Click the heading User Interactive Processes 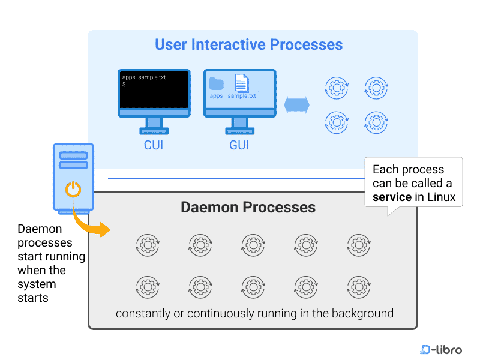coord(248,45)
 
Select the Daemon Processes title coord(248,208)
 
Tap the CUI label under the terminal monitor coord(154,145)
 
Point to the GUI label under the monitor coord(239,145)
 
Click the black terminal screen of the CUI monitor coord(154,91)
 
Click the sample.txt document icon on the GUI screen coord(241,83)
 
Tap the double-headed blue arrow coord(296,104)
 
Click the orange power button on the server coord(73,190)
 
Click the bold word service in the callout coord(392,197)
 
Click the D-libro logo coord(442,349)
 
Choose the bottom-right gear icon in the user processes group coord(376,122)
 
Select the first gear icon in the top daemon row coord(148,245)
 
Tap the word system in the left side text coord(37,284)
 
